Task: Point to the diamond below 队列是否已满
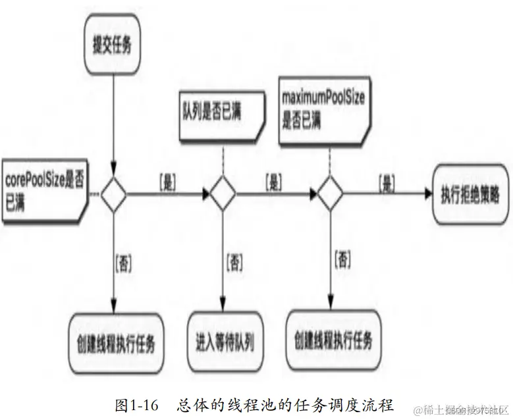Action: (223, 194)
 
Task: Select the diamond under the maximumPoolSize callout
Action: (329, 194)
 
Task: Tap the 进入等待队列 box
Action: (225, 343)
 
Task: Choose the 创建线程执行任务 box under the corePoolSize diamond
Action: (115, 343)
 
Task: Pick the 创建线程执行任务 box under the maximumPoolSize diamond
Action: (329, 342)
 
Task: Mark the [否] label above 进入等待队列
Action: (234, 263)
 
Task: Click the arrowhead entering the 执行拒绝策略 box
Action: (427, 194)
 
